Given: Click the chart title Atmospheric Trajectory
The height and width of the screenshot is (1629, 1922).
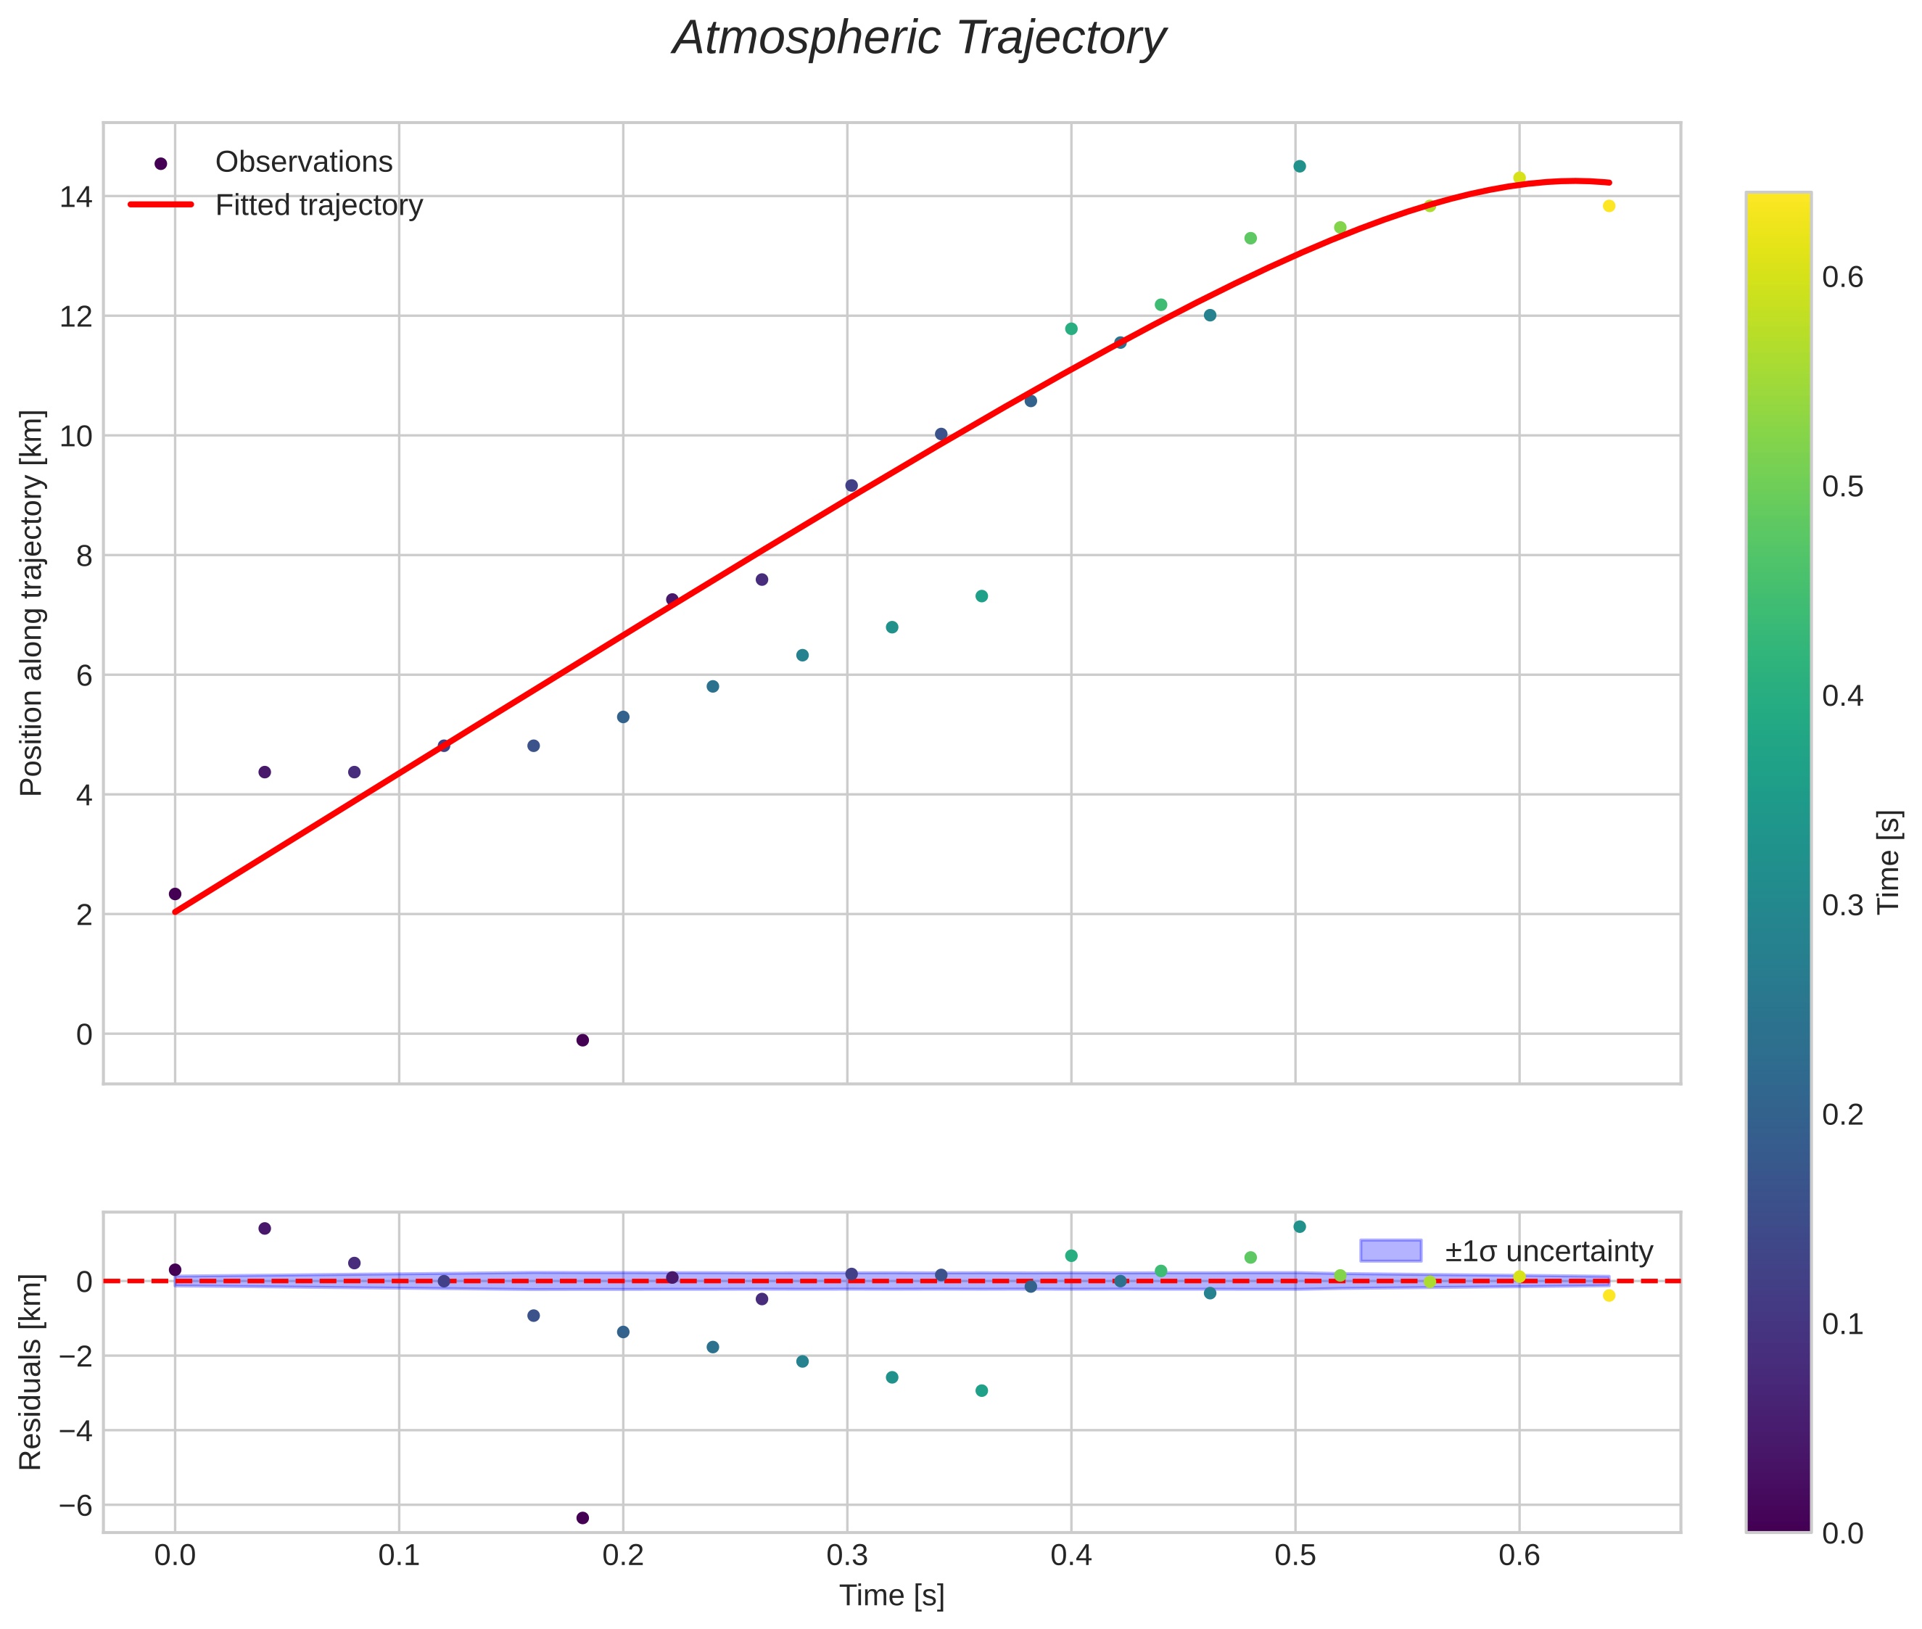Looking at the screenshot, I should coord(919,38).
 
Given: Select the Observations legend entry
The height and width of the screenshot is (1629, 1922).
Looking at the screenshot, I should coord(303,162).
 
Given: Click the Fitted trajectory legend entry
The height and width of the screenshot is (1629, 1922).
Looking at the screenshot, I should coord(318,205).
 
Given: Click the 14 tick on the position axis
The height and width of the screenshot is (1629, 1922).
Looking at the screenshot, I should coord(75,197).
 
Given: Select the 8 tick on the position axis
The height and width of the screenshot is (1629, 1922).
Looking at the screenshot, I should coord(83,556).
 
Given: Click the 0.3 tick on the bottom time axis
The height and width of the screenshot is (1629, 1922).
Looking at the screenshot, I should coord(847,1556).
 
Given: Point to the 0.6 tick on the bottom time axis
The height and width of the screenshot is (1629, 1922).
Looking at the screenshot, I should coord(1519,1556).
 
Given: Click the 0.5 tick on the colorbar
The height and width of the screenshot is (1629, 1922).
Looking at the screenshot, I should coord(1842,487).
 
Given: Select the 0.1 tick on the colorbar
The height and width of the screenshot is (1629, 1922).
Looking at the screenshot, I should coord(1842,1324).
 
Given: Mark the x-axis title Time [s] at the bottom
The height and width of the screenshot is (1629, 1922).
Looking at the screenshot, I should coord(891,1596).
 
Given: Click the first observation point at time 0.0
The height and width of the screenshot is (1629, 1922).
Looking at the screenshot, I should coord(176,894).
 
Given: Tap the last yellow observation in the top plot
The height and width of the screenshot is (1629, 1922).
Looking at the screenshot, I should coord(1609,206).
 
